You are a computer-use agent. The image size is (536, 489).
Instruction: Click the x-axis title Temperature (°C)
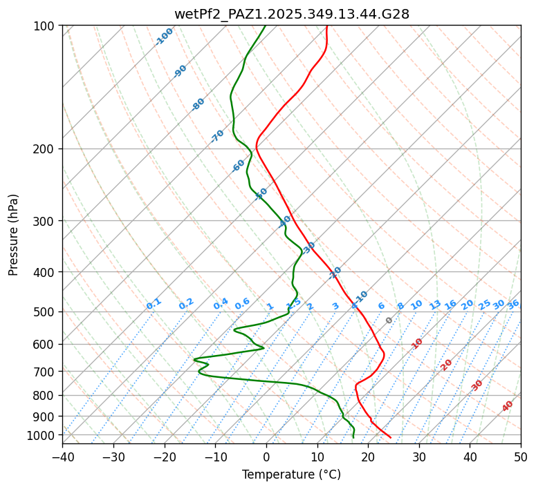pyautogui.click(x=291, y=474)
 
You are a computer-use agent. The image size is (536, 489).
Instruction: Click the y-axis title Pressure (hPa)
pyautogui.click(x=14, y=234)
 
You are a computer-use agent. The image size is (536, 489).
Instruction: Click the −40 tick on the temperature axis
pyautogui.click(x=62, y=457)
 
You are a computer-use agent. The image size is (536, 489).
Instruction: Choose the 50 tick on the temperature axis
pyautogui.click(x=521, y=457)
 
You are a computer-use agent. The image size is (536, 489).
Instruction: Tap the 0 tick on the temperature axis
pyautogui.click(x=266, y=457)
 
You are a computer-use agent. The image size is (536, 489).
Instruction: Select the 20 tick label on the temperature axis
pyautogui.click(x=368, y=457)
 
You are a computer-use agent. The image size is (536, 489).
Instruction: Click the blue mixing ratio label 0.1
pyautogui.click(x=154, y=303)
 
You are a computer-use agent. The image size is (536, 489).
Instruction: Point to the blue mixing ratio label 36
pyautogui.click(x=513, y=304)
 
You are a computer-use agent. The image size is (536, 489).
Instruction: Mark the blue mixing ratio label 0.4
pyautogui.click(x=221, y=304)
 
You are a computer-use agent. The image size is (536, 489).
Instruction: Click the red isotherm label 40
pyautogui.click(x=508, y=406)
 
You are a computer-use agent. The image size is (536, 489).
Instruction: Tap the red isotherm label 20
pyautogui.click(x=447, y=364)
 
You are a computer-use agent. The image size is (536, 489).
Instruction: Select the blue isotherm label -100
pyautogui.click(x=165, y=36)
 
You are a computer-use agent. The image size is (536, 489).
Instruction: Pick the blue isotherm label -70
pyautogui.click(x=218, y=136)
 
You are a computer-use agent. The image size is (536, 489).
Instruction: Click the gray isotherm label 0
pyautogui.click(x=389, y=320)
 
